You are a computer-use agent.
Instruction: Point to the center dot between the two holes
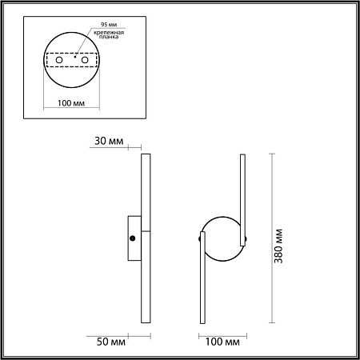[x=74, y=57]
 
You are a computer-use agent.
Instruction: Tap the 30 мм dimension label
[x=108, y=142]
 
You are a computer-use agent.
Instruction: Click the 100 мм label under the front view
[x=223, y=342]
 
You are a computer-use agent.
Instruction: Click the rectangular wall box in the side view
[x=134, y=238]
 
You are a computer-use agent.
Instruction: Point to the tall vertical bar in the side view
[x=146, y=238]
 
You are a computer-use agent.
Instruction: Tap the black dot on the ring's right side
[x=245, y=238]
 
